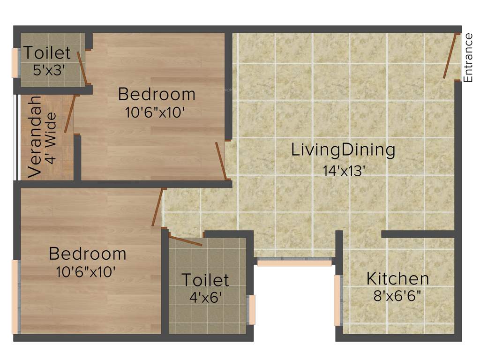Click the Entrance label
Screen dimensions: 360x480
(x=468, y=58)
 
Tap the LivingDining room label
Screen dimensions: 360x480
(x=343, y=150)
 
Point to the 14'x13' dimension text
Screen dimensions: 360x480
(x=344, y=171)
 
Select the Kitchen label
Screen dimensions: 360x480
(x=397, y=278)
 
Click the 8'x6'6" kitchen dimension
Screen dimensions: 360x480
(x=397, y=296)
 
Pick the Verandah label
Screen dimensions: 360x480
(x=35, y=137)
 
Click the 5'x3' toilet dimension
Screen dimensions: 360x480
(x=49, y=70)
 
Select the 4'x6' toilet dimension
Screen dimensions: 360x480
(x=205, y=298)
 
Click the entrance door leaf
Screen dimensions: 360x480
(x=451, y=56)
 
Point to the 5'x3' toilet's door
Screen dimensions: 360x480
(x=82, y=67)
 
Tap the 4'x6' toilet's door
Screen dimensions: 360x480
(x=186, y=241)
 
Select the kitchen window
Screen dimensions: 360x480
(x=337, y=300)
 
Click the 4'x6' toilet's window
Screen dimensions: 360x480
(x=252, y=309)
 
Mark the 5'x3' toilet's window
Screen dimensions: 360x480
(x=15, y=63)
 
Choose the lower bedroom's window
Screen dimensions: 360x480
(x=15, y=297)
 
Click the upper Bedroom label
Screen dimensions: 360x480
(x=157, y=94)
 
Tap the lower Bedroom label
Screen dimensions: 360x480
(x=88, y=254)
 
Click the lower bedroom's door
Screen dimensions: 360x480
(x=157, y=207)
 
